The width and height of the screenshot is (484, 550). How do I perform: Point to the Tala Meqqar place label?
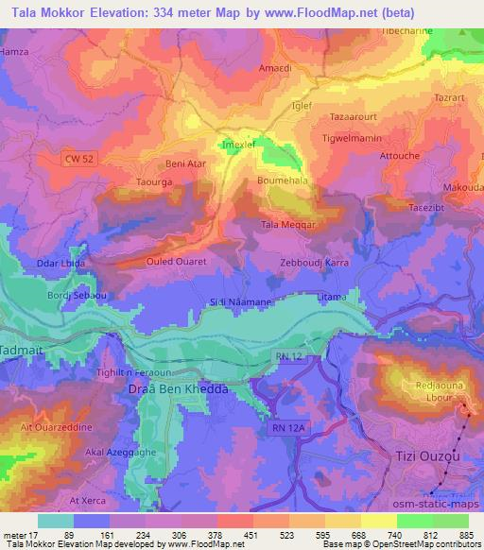pyautogui.click(x=288, y=225)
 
